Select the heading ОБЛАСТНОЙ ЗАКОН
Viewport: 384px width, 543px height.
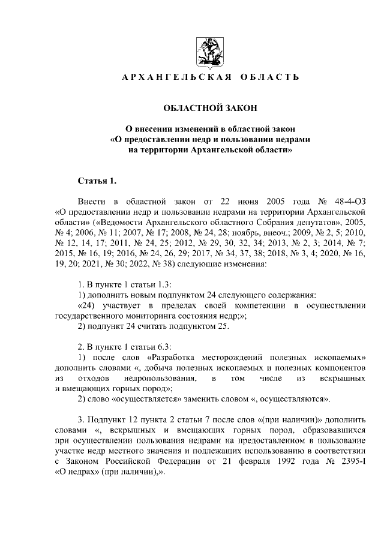pyautogui.click(x=210, y=109)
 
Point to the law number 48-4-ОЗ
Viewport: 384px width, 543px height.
pyautogui.click(x=348, y=200)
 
